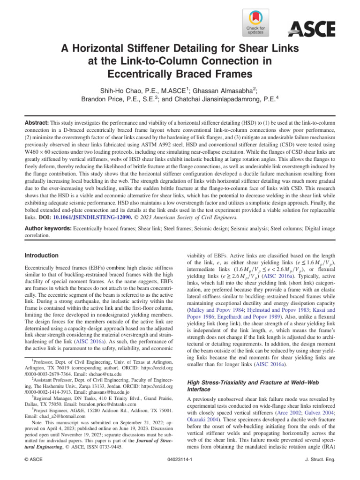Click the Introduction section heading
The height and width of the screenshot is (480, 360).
(41, 256)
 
